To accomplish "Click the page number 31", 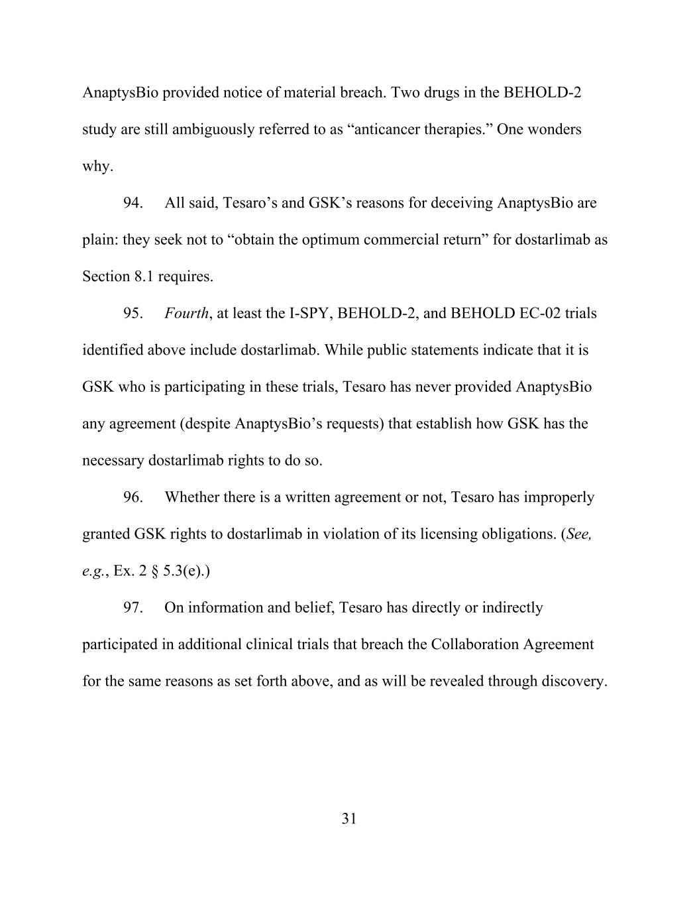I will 349,819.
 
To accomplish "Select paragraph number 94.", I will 133,203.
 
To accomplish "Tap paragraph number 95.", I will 133,313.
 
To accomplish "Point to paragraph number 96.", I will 133,497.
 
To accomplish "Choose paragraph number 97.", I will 133,607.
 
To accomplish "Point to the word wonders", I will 553,129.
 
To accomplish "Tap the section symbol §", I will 154,571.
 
